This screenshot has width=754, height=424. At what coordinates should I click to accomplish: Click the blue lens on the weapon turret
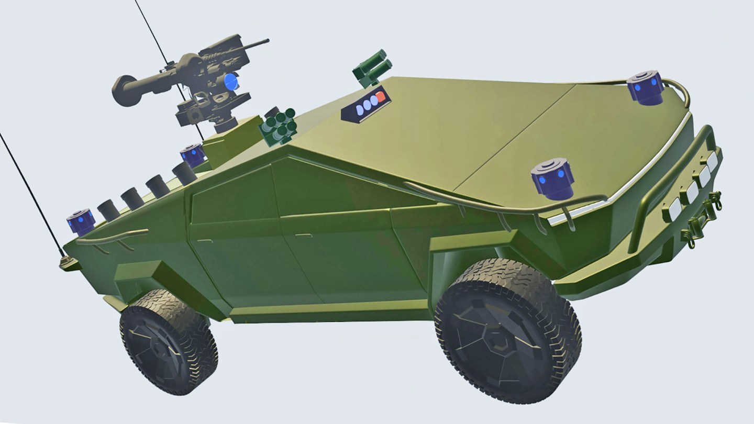(x=230, y=82)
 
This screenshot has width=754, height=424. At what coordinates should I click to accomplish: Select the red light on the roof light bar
(x=381, y=97)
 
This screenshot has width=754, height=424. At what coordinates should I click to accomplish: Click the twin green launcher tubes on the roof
(x=373, y=67)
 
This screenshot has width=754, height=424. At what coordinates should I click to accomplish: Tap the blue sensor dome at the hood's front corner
(x=645, y=86)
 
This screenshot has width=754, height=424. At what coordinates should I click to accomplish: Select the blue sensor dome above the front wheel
(x=552, y=180)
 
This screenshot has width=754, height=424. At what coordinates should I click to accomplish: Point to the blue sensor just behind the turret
(x=193, y=155)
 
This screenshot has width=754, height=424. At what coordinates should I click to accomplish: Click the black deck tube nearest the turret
(x=183, y=172)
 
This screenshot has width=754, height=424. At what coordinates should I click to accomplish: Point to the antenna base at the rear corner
(x=65, y=260)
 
